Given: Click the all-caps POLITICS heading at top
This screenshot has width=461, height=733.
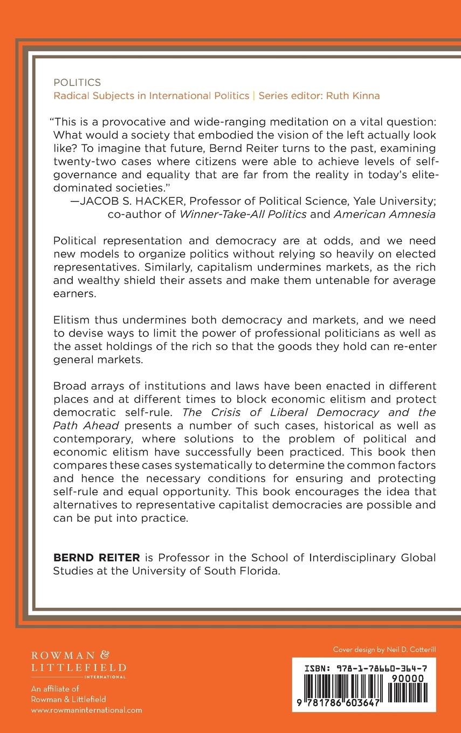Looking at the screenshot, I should click(77, 82).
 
